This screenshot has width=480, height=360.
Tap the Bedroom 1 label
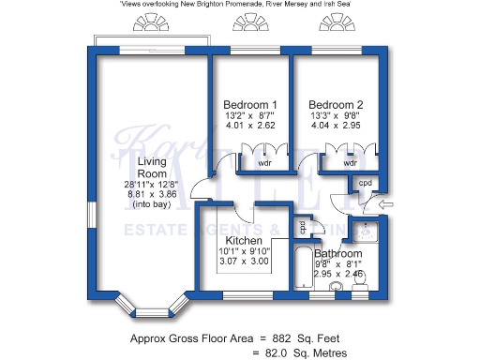pyautogui.click(x=249, y=104)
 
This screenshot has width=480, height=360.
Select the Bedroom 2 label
pyautogui.click(x=335, y=104)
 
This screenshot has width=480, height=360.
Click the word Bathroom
pyautogui.click(x=337, y=254)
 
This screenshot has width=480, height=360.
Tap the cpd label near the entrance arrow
pyautogui.click(x=366, y=183)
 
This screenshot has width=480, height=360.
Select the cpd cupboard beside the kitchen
pyautogui.click(x=303, y=227)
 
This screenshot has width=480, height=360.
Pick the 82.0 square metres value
pyautogui.click(x=270, y=352)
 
